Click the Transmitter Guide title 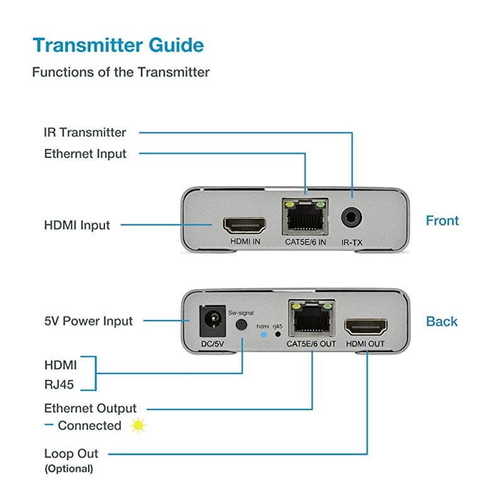118,45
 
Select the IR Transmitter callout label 85,133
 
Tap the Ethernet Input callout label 86,154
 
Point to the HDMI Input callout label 77,225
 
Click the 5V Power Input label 89,321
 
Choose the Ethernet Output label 91,409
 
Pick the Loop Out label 71,453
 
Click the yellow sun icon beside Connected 138,426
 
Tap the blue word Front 442,221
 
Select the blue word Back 441,321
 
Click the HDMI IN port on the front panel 243,224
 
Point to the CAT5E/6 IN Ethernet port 306,219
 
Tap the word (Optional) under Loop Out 68,468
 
